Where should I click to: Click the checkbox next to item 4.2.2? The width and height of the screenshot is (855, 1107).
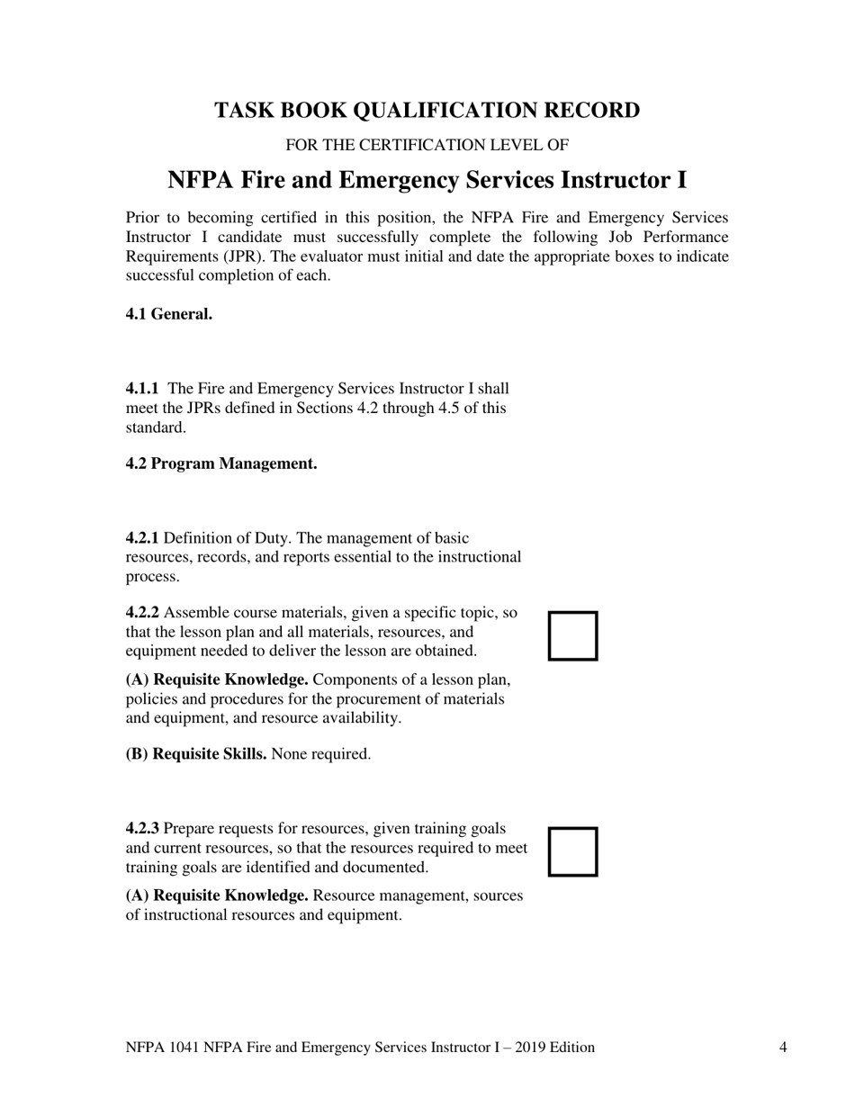(x=573, y=635)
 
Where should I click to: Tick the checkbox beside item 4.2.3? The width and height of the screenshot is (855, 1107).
(x=573, y=851)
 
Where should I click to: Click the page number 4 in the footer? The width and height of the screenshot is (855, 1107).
(x=783, y=1047)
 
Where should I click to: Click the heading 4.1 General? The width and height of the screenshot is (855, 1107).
(x=169, y=314)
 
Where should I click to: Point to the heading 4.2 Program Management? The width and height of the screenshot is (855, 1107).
(x=221, y=463)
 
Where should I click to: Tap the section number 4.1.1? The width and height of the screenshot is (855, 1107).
(x=142, y=389)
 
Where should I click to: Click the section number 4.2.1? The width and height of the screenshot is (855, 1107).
(x=142, y=538)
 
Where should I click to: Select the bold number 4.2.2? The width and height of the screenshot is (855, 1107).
(x=142, y=613)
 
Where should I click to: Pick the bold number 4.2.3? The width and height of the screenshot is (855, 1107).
(x=142, y=828)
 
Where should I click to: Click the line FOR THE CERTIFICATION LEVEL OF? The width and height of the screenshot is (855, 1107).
(x=427, y=145)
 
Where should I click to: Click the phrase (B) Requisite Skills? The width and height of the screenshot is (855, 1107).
(x=195, y=754)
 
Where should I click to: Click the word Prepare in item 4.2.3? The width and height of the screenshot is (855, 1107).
(x=190, y=828)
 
